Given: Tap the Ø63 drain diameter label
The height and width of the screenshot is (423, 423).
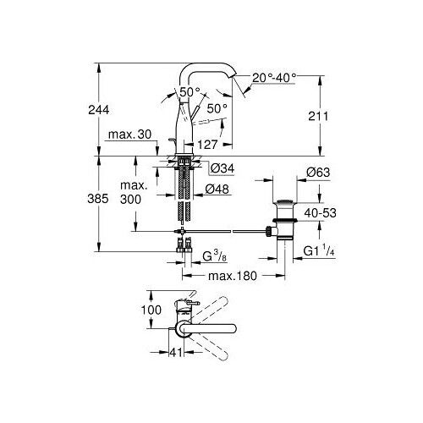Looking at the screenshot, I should (318, 173).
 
